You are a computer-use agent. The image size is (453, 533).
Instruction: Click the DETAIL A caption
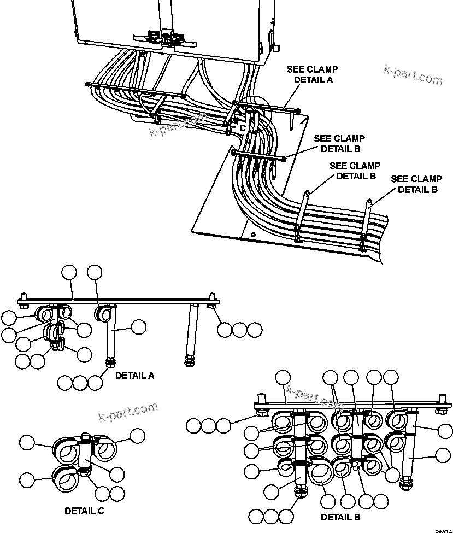[134, 376]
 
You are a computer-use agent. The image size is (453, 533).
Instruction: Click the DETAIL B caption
[340, 517]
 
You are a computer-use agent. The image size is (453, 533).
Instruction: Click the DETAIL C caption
[84, 511]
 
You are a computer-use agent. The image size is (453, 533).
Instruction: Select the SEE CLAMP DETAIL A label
[313, 74]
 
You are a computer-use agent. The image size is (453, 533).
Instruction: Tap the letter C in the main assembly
[243, 127]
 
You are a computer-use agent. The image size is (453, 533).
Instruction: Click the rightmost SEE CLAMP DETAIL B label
[417, 184]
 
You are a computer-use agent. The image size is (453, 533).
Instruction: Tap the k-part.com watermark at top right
[413, 75]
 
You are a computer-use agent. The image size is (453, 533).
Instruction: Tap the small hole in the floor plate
[252, 235]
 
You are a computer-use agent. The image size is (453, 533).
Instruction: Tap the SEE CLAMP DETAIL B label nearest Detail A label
[339, 143]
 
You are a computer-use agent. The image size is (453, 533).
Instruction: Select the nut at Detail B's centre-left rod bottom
[300, 490]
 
